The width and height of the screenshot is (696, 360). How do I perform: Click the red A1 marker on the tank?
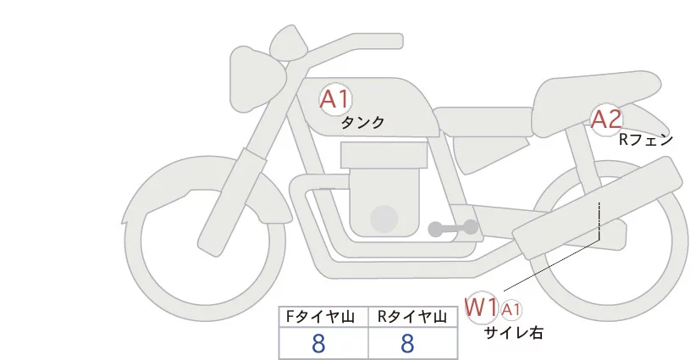pyautogui.click(x=334, y=99)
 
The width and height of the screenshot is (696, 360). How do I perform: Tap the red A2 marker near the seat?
pyautogui.click(x=606, y=120)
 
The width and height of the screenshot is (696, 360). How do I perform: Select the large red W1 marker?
pyautogui.click(x=481, y=307)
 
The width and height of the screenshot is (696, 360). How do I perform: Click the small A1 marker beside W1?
pyautogui.click(x=511, y=309)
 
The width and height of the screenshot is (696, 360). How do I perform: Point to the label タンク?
pyautogui.click(x=362, y=123)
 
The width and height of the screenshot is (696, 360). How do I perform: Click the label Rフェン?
pyautogui.click(x=645, y=140)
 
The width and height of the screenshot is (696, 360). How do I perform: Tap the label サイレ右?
pyautogui.click(x=513, y=334)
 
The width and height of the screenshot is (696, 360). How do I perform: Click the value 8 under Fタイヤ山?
pyautogui.click(x=319, y=343)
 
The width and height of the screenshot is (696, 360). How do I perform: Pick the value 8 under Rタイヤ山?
pyautogui.click(x=408, y=343)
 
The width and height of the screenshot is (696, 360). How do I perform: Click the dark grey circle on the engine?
pyautogui.click(x=385, y=219)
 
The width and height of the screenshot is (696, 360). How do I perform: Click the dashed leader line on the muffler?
pyautogui.click(x=599, y=222)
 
